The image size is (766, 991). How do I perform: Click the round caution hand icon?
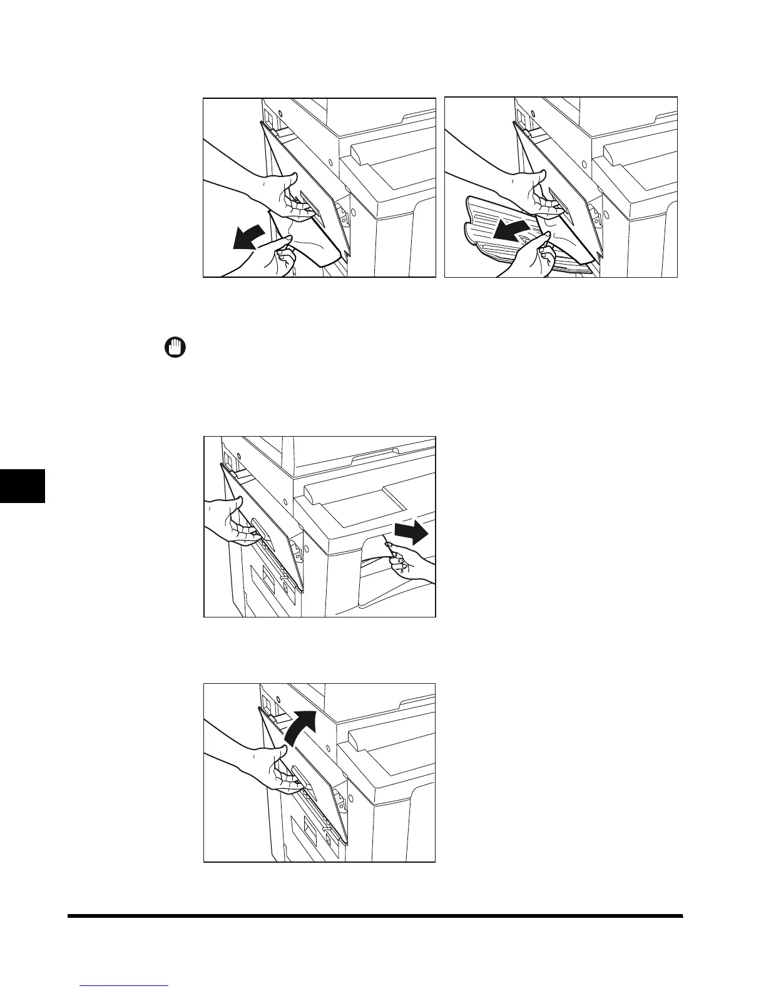coord(176,347)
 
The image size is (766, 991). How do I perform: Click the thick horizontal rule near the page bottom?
coord(375,916)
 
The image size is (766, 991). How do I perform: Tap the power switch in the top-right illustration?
coord(519,118)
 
